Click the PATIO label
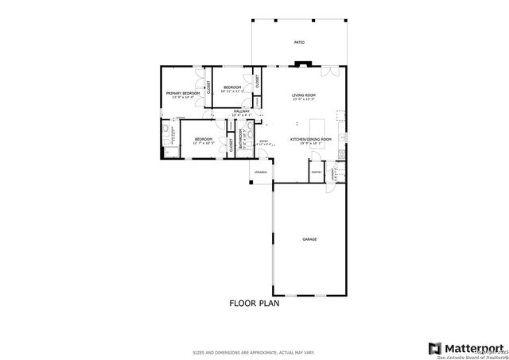coord(299,42)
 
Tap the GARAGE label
coord(309,238)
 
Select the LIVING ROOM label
coord(304,95)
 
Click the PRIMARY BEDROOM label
coord(182,93)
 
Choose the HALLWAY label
coord(241,110)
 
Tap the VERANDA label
coord(260,172)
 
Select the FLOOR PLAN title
coord(254,303)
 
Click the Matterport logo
coord(466,348)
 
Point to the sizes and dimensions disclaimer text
coord(254,352)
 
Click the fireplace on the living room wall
coord(299,66)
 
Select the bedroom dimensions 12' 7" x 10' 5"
coord(204,143)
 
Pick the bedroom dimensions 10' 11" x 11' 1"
coord(232,91)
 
